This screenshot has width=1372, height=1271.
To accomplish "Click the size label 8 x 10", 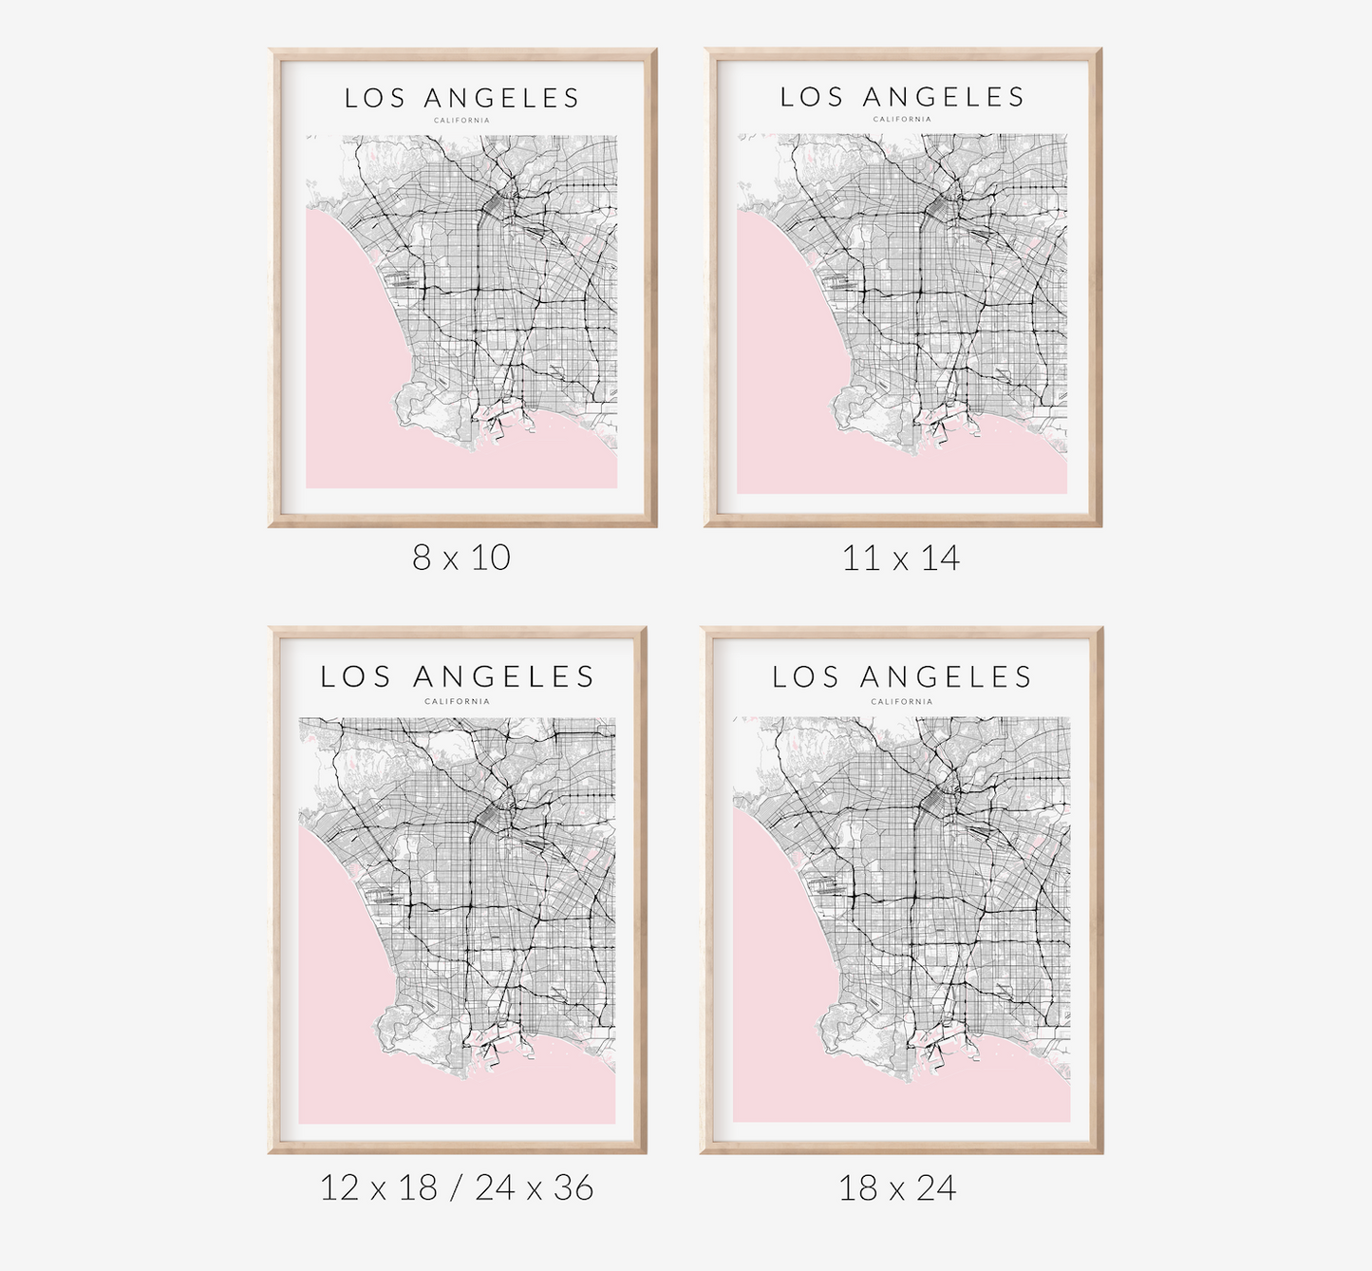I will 461,557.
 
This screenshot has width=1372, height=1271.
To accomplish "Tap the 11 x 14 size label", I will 901,558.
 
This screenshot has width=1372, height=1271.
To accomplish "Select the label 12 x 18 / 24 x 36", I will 457,1187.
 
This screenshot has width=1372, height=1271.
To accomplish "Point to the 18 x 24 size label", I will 897,1187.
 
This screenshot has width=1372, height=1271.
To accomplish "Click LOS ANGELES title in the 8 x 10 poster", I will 462,98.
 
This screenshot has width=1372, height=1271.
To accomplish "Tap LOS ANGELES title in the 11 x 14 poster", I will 903,97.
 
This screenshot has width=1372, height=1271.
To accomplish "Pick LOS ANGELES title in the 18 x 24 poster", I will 902,677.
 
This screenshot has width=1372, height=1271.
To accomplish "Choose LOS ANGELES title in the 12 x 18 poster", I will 458,676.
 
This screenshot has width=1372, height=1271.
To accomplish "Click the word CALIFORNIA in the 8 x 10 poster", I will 461,121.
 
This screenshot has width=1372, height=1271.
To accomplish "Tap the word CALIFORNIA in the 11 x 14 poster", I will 903,120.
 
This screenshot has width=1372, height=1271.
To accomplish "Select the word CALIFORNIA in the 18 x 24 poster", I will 902,702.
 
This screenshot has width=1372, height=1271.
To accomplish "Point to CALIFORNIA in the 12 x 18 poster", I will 458,702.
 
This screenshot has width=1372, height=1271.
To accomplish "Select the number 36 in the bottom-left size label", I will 573,1187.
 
